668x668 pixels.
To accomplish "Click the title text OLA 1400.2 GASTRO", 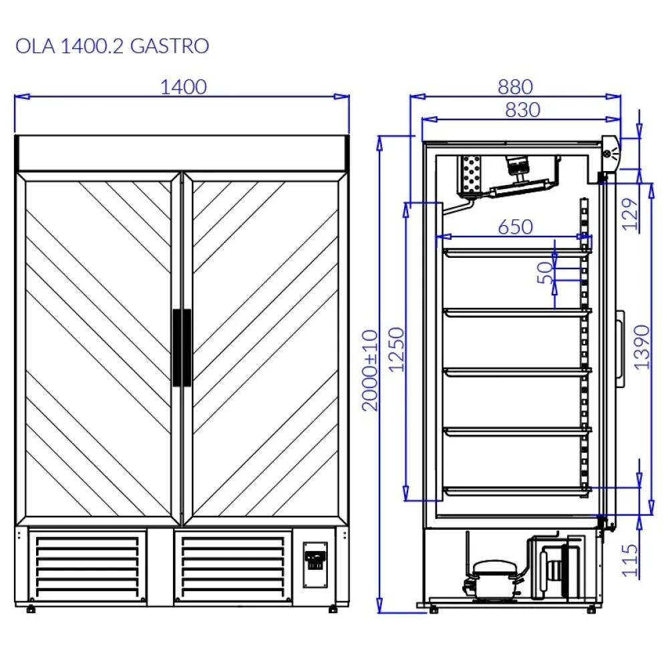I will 112,46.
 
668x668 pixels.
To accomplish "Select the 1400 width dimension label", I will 184,88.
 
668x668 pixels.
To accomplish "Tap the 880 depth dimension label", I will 515,87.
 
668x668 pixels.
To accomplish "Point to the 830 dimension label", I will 522,110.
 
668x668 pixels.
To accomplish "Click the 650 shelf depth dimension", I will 515,227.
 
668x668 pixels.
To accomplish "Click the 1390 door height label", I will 642,347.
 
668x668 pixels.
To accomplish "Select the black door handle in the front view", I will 182,347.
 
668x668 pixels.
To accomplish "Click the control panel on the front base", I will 315,564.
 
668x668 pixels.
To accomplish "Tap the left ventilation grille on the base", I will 88,566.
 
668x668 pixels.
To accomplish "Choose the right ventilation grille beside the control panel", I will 233,566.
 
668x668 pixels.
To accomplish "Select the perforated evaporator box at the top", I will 471,176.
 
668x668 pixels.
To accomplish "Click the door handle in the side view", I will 621,348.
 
